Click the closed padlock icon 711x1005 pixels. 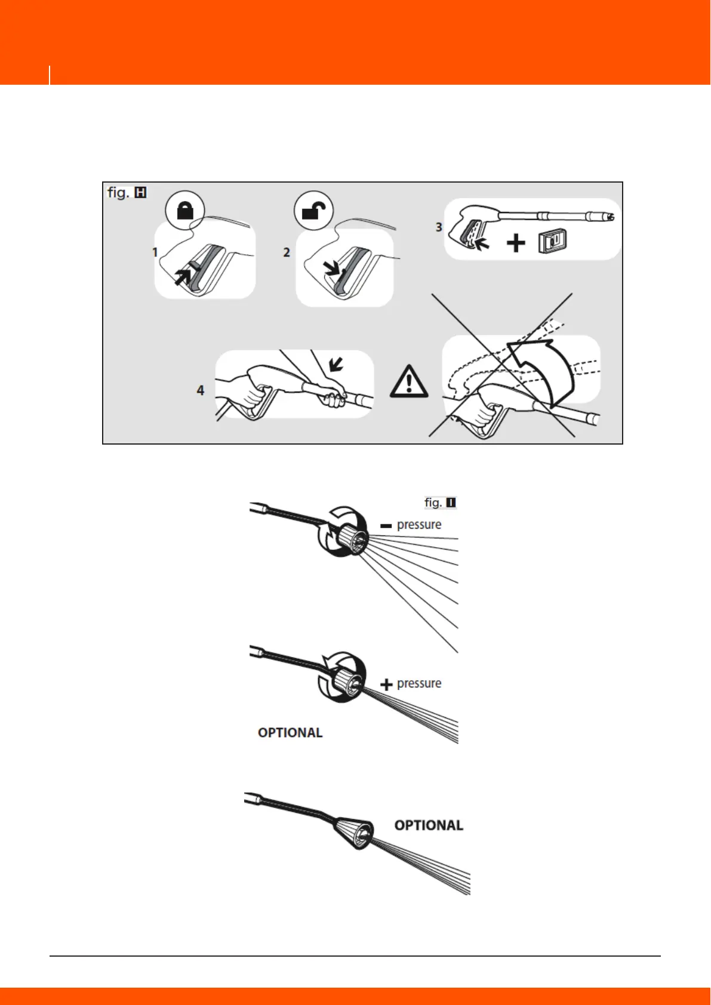[x=186, y=211]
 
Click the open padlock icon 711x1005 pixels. [x=314, y=211]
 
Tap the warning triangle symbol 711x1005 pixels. [x=408, y=380]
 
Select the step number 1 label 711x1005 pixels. [x=155, y=252]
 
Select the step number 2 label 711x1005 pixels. [x=287, y=252]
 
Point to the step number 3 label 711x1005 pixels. [x=439, y=227]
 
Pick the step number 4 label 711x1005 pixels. [x=201, y=390]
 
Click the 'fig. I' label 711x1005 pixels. [x=440, y=503]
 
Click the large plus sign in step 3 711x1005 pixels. [x=516, y=243]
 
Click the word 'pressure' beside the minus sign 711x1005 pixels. [x=419, y=525]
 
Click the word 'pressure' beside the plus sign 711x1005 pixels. [x=419, y=683]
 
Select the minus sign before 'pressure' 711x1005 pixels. [x=386, y=526]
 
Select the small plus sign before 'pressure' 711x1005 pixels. [x=386, y=685]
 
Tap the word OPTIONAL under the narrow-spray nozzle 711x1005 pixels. [x=290, y=732]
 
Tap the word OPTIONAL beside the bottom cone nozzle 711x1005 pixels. [x=429, y=825]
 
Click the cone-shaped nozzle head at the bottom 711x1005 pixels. [x=356, y=830]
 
